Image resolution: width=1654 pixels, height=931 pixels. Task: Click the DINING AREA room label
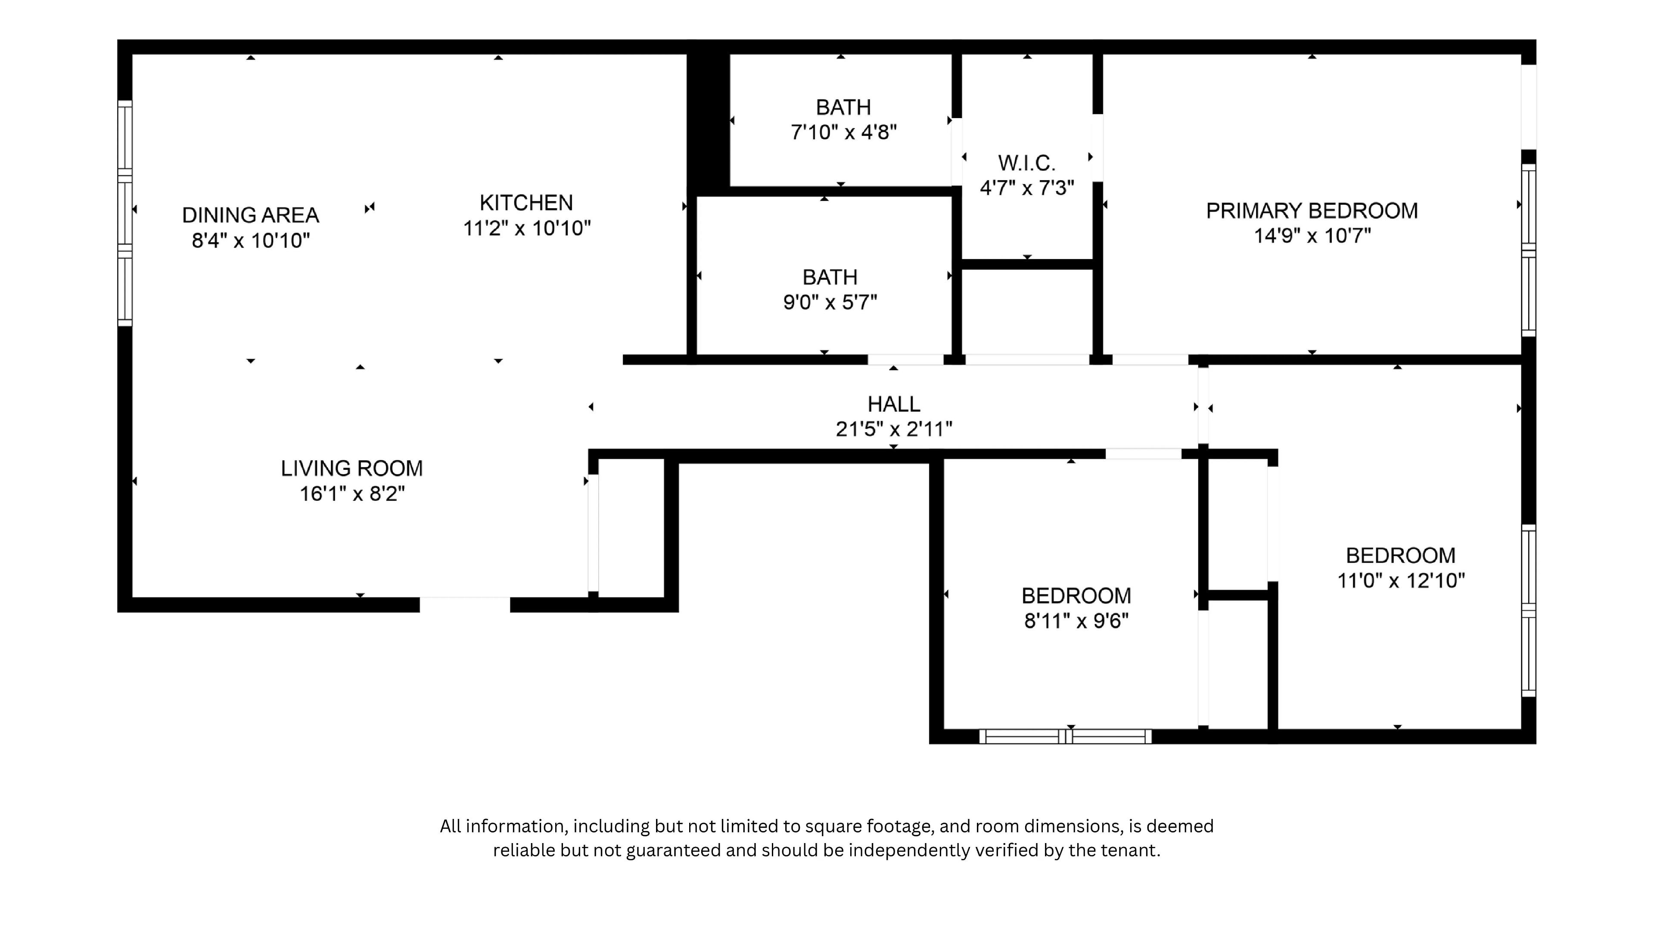click(x=250, y=215)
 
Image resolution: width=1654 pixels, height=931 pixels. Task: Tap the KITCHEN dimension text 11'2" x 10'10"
click(x=526, y=228)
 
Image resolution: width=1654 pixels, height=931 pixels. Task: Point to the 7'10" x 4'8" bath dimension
click(x=843, y=132)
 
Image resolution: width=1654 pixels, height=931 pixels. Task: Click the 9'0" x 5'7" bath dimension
click(x=830, y=302)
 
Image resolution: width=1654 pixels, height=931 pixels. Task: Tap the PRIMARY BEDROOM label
click(x=1311, y=211)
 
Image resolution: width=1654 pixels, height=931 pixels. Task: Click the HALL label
click(x=893, y=404)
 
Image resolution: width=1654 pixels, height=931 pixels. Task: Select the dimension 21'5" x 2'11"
click(x=893, y=429)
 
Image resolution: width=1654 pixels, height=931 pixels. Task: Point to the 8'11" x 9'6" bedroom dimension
click(x=1076, y=621)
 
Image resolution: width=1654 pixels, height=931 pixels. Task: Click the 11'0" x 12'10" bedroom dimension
click(x=1400, y=581)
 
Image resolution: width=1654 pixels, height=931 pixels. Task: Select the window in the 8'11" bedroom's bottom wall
click(x=1065, y=736)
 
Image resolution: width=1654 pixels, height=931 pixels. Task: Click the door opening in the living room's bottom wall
click(x=464, y=605)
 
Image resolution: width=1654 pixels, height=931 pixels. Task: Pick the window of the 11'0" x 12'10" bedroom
click(x=1529, y=610)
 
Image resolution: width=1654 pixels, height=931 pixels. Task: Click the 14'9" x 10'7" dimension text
click(x=1312, y=236)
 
